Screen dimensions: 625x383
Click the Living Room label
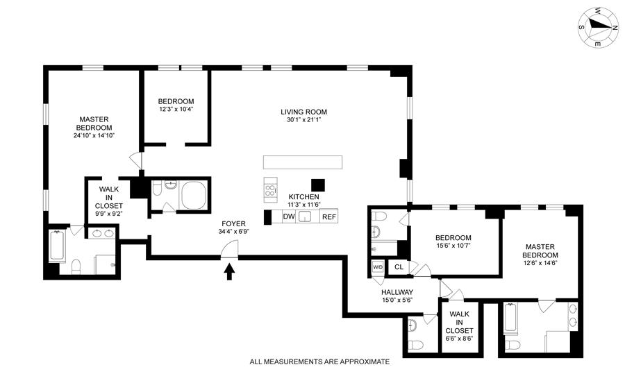tap(303, 112)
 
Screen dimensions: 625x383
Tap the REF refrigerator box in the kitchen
tap(329, 216)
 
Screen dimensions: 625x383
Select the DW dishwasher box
tap(289, 216)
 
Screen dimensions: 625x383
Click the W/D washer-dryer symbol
tap(378, 267)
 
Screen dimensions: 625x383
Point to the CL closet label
tap(399, 266)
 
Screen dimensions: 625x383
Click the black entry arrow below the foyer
tap(229, 272)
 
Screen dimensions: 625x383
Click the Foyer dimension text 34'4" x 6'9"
tap(233, 231)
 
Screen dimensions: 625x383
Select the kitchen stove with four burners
tap(270, 187)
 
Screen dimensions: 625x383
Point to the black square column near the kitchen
tap(318, 185)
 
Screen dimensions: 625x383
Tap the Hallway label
tap(397, 292)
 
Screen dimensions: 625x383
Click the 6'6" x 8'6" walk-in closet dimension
tap(459, 339)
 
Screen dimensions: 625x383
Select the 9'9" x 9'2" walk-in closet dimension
tap(109, 214)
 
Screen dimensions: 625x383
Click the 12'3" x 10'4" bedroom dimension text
tap(176, 109)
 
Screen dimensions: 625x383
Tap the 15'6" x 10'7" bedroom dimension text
tap(453, 245)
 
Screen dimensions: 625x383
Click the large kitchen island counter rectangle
tap(303, 162)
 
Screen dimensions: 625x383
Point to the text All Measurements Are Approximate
tap(319, 362)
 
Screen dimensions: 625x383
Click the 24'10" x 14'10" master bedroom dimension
tap(94, 135)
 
